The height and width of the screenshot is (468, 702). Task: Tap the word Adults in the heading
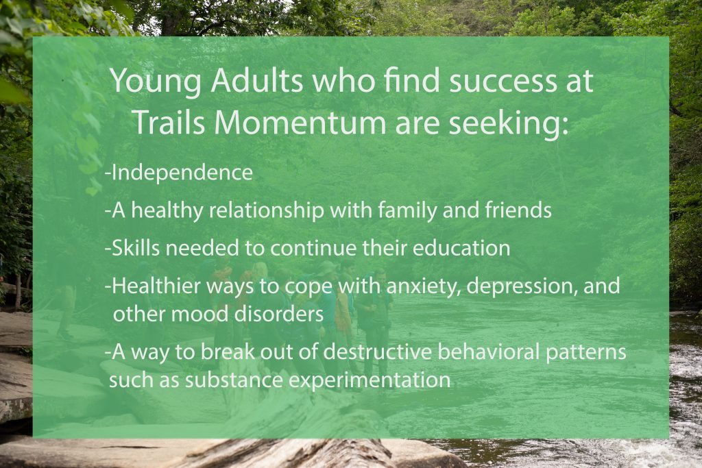tap(257, 83)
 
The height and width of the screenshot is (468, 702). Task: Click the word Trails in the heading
tap(169, 122)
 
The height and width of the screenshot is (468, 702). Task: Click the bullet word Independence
tap(182, 173)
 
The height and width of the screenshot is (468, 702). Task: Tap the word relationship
tap(266, 211)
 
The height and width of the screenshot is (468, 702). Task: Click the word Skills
tap(134, 249)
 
